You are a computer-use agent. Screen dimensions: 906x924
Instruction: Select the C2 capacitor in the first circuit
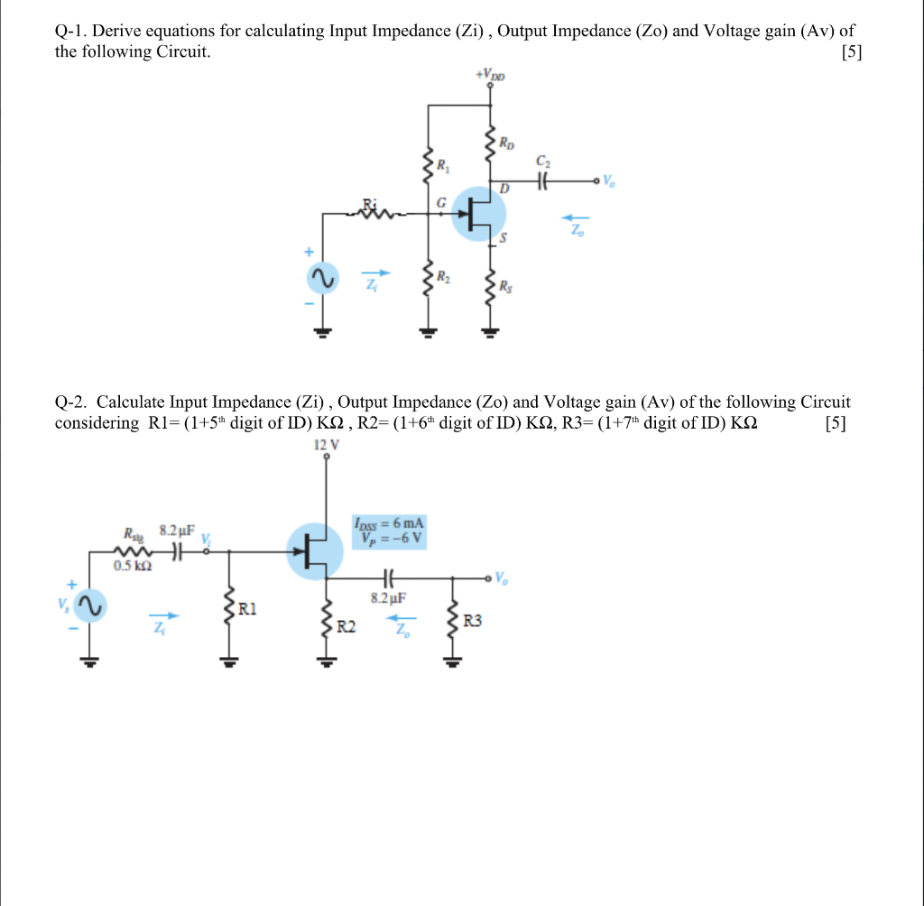[542, 180]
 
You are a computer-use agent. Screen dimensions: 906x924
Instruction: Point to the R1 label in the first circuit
[442, 165]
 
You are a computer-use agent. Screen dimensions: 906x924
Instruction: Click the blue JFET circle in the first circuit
[478, 214]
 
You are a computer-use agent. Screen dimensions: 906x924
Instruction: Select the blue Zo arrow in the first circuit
[575, 217]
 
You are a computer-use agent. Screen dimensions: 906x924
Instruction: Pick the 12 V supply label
[327, 444]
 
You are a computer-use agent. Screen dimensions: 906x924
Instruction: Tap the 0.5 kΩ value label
[134, 565]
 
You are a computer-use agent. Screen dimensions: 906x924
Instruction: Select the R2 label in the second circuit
[347, 625]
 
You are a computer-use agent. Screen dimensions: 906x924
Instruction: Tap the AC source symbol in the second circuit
[90, 606]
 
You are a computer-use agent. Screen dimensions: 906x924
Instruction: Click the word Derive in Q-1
[117, 32]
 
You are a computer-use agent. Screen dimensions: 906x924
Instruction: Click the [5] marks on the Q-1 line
[851, 52]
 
